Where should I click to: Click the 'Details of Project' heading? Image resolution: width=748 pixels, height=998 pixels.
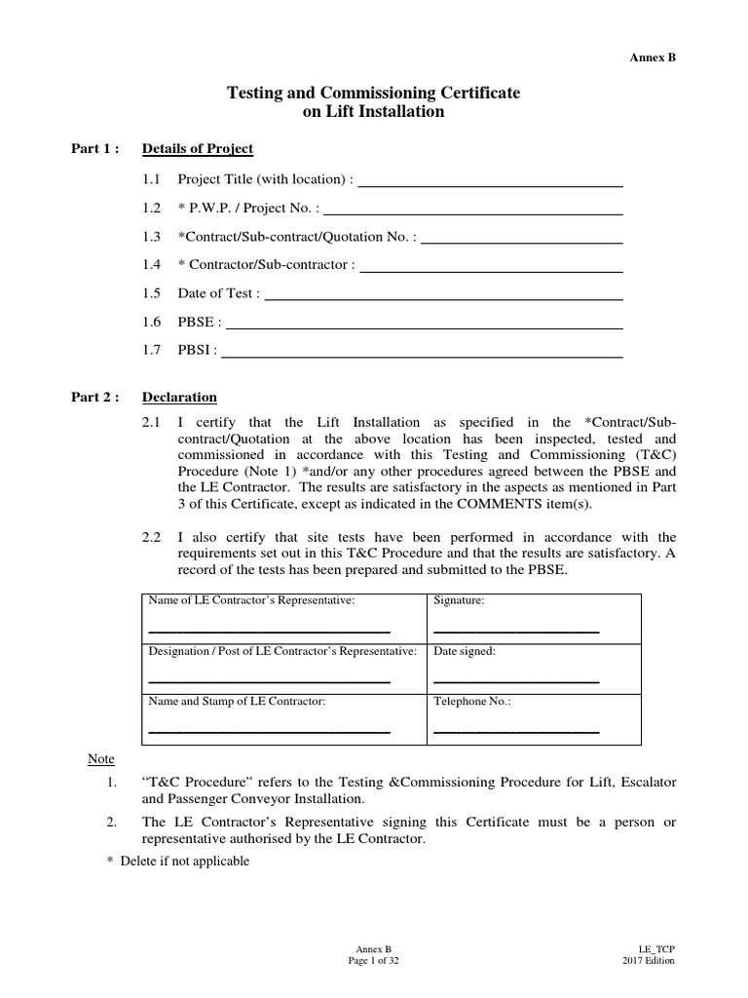click(198, 149)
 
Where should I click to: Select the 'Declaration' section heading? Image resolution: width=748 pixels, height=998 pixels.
click(179, 398)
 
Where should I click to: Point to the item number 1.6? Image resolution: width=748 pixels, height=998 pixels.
click(151, 322)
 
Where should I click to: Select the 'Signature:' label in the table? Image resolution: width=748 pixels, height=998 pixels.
click(459, 601)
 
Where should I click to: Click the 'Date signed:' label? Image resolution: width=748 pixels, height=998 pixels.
click(465, 651)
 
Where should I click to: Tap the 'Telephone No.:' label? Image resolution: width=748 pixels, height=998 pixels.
click(472, 701)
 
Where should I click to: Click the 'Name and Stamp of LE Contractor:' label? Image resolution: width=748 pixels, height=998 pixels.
click(237, 701)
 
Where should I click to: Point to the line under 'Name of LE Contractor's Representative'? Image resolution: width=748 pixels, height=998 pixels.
click(268, 631)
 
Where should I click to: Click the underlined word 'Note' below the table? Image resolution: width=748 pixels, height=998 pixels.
click(101, 759)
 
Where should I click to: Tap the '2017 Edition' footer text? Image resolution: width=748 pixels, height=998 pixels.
click(649, 960)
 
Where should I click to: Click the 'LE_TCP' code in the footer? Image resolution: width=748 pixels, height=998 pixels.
click(656, 948)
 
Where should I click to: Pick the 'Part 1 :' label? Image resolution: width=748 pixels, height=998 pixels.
click(95, 149)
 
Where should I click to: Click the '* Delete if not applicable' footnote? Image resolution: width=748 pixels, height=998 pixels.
click(178, 862)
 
